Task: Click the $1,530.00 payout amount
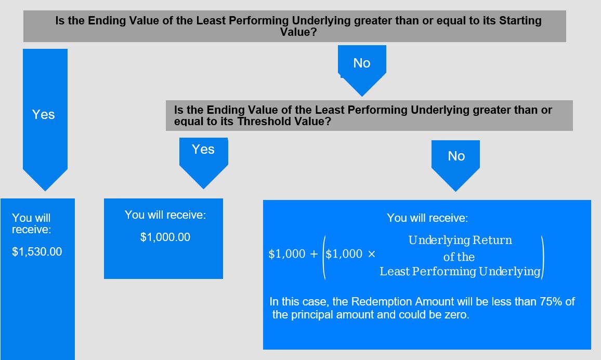pos(37,251)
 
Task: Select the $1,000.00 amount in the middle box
pos(165,237)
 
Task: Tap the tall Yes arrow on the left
pos(45,119)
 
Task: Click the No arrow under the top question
pos(362,71)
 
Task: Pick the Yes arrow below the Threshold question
pos(203,163)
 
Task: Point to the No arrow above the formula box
pos(456,165)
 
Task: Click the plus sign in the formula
pos(314,254)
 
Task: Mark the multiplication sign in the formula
pos(371,254)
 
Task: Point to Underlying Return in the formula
pos(460,240)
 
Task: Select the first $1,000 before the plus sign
pos(287,254)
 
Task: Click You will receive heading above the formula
pos(427,218)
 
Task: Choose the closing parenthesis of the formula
pos(542,257)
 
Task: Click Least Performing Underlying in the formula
pos(460,272)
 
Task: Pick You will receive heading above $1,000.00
pos(165,215)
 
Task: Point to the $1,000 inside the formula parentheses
pos(344,254)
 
